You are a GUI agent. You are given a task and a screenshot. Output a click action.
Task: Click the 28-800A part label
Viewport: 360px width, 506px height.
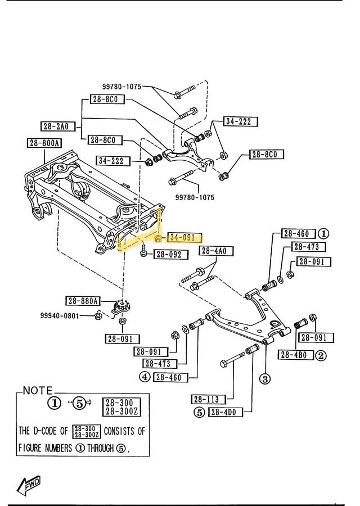(x=44, y=143)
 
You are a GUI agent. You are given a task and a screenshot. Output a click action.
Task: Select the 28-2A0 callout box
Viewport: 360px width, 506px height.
(x=58, y=126)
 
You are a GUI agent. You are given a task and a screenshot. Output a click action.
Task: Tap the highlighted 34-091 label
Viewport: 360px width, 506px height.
(x=183, y=238)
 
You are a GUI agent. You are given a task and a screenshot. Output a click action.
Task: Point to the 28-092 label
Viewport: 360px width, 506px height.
(x=168, y=255)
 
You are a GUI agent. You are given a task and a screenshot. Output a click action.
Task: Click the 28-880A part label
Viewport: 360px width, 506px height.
(x=83, y=300)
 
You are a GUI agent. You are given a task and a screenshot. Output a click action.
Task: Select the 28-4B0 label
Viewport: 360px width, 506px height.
(x=295, y=355)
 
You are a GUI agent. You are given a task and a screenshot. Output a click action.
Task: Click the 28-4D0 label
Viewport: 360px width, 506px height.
(x=225, y=412)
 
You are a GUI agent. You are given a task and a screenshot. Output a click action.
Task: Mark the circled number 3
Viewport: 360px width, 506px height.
(x=264, y=378)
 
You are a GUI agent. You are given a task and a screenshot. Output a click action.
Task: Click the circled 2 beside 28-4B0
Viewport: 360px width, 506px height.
(x=320, y=355)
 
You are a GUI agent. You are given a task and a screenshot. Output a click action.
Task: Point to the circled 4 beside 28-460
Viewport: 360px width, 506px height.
(x=145, y=377)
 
